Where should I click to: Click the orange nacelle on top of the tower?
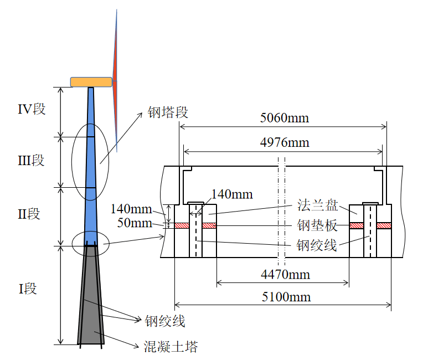91,82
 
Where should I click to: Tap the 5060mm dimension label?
285,118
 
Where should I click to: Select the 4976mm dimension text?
285,142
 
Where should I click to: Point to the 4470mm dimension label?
285,275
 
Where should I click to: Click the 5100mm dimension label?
286,297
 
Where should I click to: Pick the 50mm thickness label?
135,223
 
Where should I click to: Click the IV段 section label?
32,109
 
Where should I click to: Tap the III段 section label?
31,160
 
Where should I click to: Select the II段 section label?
29,214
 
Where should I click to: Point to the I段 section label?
28,289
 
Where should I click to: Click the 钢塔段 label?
168,112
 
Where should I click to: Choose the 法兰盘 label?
317,205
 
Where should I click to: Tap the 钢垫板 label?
317,225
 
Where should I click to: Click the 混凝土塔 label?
171,347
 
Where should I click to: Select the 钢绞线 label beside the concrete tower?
165,321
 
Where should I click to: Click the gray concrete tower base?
91,295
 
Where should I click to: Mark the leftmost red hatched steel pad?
182,225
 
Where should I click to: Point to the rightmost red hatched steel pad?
384,225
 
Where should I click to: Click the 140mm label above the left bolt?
232,194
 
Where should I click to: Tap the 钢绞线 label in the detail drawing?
317,245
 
